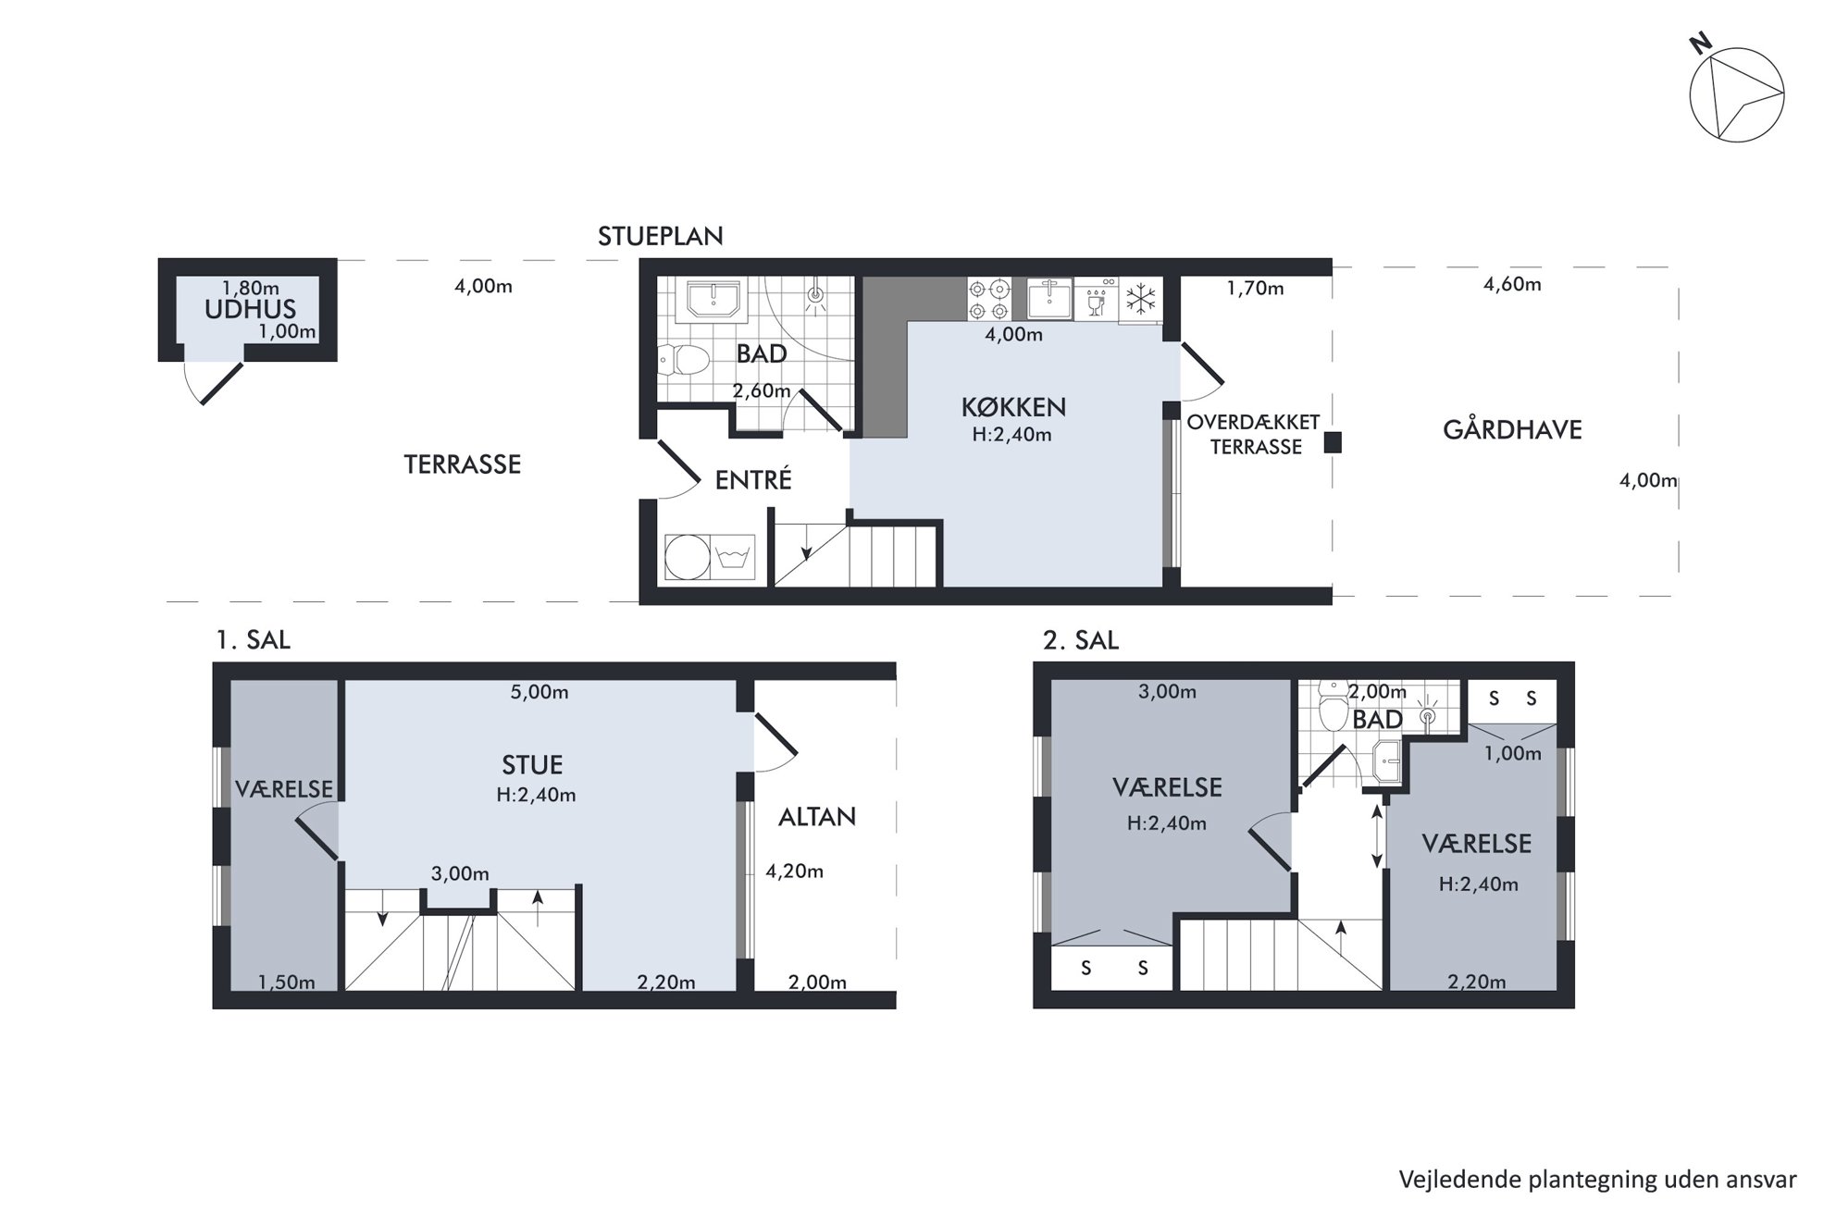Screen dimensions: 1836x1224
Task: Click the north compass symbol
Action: click(x=1736, y=93)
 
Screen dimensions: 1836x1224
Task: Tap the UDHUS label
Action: click(x=250, y=309)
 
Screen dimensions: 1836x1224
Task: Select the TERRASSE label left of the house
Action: click(x=463, y=464)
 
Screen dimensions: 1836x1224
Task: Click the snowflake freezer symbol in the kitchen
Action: click(x=1140, y=300)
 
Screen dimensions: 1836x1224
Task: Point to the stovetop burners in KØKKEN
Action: click(x=989, y=300)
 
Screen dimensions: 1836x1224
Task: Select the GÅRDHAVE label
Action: click(x=1512, y=429)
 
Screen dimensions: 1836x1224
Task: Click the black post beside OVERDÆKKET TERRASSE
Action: click(x=1332, y=442)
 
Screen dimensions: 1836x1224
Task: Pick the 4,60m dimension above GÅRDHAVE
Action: click(x=1512, y=284)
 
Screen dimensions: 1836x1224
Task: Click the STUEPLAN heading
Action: click(x=660, y=236)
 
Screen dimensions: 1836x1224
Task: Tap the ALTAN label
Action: click(x=816, y=816)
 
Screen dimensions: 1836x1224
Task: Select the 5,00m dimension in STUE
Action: click(x=540, y=692)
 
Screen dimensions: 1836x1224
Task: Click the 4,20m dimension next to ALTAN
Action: click(x=794, y=871)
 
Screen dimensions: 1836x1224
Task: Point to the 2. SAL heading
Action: click(x=1080, y=640)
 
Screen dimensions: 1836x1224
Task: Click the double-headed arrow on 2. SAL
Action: click(x=1377, y=836)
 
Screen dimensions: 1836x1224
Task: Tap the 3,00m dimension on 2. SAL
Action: click(x=1167, y=691)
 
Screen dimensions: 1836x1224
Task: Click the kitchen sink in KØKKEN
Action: click(x=1048, y=299)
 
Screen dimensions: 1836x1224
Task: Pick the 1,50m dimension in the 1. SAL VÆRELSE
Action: click(x=286, y=983)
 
